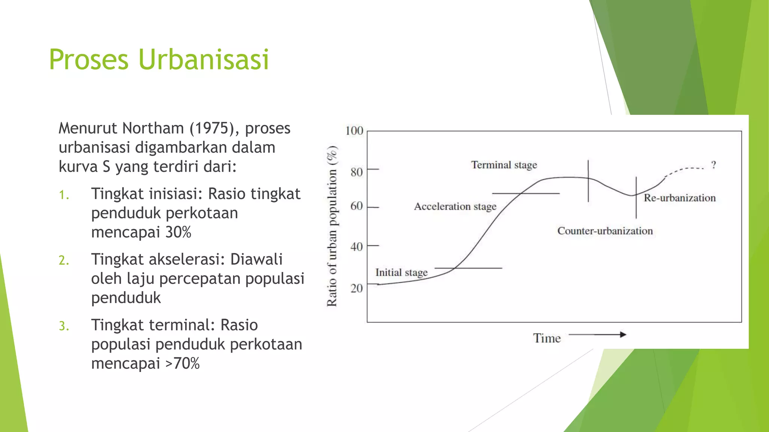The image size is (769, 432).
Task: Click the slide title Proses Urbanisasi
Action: (159, 59)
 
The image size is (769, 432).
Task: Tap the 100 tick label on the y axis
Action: (354, 131)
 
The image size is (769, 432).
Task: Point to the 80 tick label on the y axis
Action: (356, 172)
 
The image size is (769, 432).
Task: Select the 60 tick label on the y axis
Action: (356, 206)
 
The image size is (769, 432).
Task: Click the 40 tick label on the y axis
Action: (356, 247)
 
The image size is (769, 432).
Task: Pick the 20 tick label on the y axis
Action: (356, 288)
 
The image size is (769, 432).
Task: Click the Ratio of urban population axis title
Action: (332, 226)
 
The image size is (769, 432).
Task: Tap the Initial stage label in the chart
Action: (401, 273)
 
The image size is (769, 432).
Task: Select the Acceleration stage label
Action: (455, 207)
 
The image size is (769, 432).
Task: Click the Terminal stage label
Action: (504, 165)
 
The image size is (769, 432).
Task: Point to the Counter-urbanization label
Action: (605, 231)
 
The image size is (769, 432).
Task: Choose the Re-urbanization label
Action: (680, 198)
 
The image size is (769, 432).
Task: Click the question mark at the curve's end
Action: (714, 165)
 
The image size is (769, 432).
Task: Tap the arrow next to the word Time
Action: (597, 334)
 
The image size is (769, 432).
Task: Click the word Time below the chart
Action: (547, 338)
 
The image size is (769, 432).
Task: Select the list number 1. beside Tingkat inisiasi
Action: (64, 195)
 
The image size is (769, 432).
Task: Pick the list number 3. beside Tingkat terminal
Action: (64, 326)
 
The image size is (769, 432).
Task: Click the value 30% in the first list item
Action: (178, 232)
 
